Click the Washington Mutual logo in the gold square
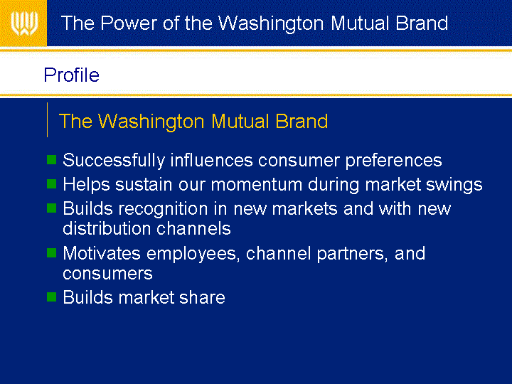tap(24, 23)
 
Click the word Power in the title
tap(128, 23)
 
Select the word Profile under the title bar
tap(72, 75)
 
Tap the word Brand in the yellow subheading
tap(302, 121)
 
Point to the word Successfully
tap(114, 161)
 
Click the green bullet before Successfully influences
tap(52, 160)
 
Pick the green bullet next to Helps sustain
tap(52, 184)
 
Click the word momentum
tap(257, 184)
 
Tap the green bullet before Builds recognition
tap(52, 208)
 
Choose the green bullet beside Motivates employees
tap(52, 252)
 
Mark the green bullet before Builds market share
tap(52, 297)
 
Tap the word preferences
tap(394, 161)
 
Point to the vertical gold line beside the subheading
tap(48, 120)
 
